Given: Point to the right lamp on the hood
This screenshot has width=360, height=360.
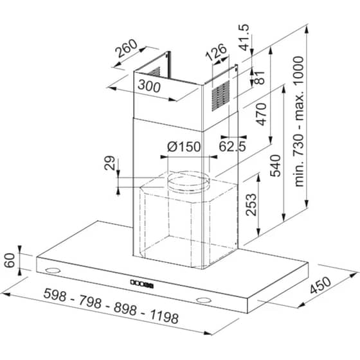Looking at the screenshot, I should pos(205,300).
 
